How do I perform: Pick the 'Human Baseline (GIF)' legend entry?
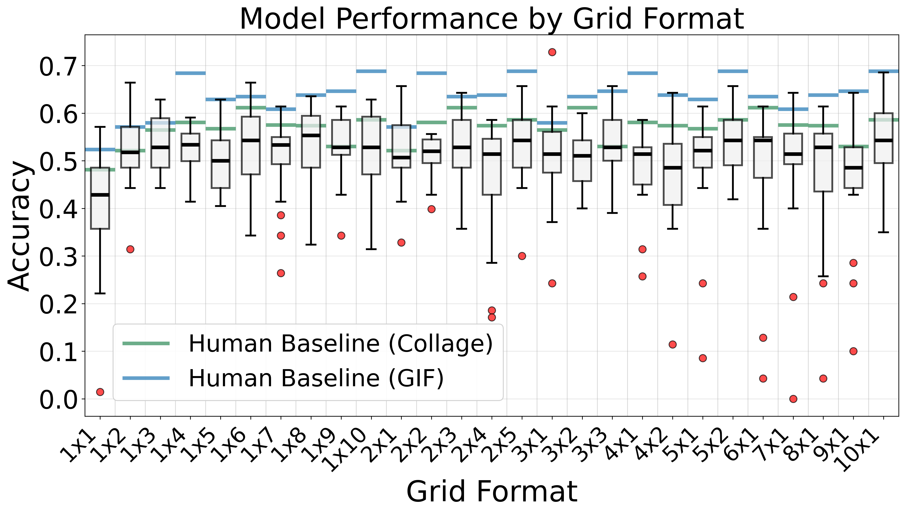pyautogui.click(x=316, y=378)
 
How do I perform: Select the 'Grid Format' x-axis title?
pyautogui.click(x=492, y=491)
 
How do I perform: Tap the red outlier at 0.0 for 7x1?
pyautogui.click(x=793, y=399)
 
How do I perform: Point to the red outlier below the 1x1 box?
pyautogui.click(x=100, y=392)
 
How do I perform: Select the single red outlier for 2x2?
pyautogui.click(x=431, y=209)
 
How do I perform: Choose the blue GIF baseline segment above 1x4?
pyautogui.click(x=190, y=73)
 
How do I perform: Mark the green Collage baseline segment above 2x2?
pyautogui.click(x=431, y=123)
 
